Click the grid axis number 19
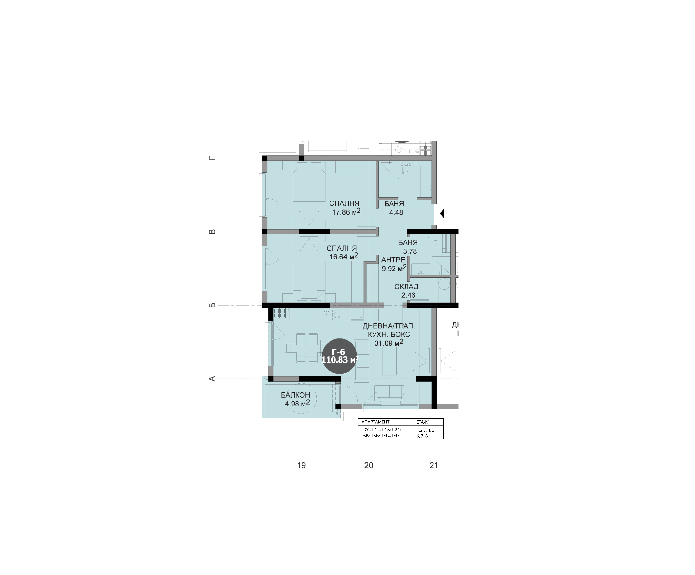coord(301,465)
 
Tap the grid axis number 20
coord(369,465)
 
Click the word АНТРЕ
coord(393,260)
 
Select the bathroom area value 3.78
coord(410,251)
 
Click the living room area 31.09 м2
coord(389,343)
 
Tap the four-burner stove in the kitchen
coord(280,313)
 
